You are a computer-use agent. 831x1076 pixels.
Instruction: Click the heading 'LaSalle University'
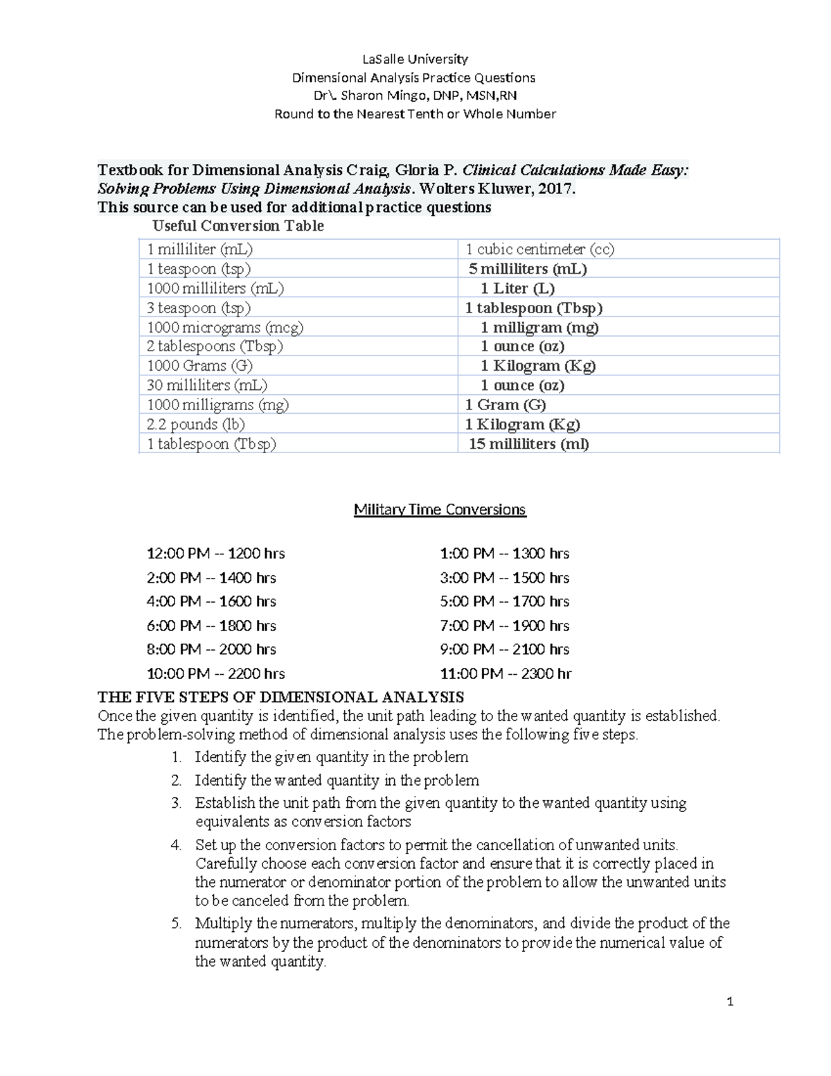coord(415,59)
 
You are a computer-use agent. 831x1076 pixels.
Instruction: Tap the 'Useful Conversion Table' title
coord(238,226)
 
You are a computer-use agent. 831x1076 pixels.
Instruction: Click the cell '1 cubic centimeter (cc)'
coord(539,249)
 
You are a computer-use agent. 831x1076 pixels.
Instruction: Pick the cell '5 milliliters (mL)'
coord(528,269)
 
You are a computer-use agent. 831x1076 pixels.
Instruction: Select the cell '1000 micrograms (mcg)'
coord(225,327)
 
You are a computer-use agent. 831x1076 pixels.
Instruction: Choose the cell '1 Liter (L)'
coord(518,288)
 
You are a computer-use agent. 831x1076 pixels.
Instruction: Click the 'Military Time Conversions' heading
coord(440,510)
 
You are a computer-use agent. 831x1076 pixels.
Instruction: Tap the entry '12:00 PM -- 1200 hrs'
coord(216,554)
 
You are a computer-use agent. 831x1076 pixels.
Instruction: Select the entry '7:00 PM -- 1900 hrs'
coord(505,626)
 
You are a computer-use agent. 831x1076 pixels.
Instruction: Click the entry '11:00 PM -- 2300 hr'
coord(506,673)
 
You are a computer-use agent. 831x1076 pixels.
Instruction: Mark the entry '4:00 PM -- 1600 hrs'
coord(211,601)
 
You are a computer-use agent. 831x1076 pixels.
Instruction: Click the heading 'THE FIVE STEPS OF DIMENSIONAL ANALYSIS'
coord(280,697)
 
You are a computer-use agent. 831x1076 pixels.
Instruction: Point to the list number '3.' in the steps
coord(177,804)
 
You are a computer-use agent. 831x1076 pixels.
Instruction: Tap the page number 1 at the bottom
coord(730,1002)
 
